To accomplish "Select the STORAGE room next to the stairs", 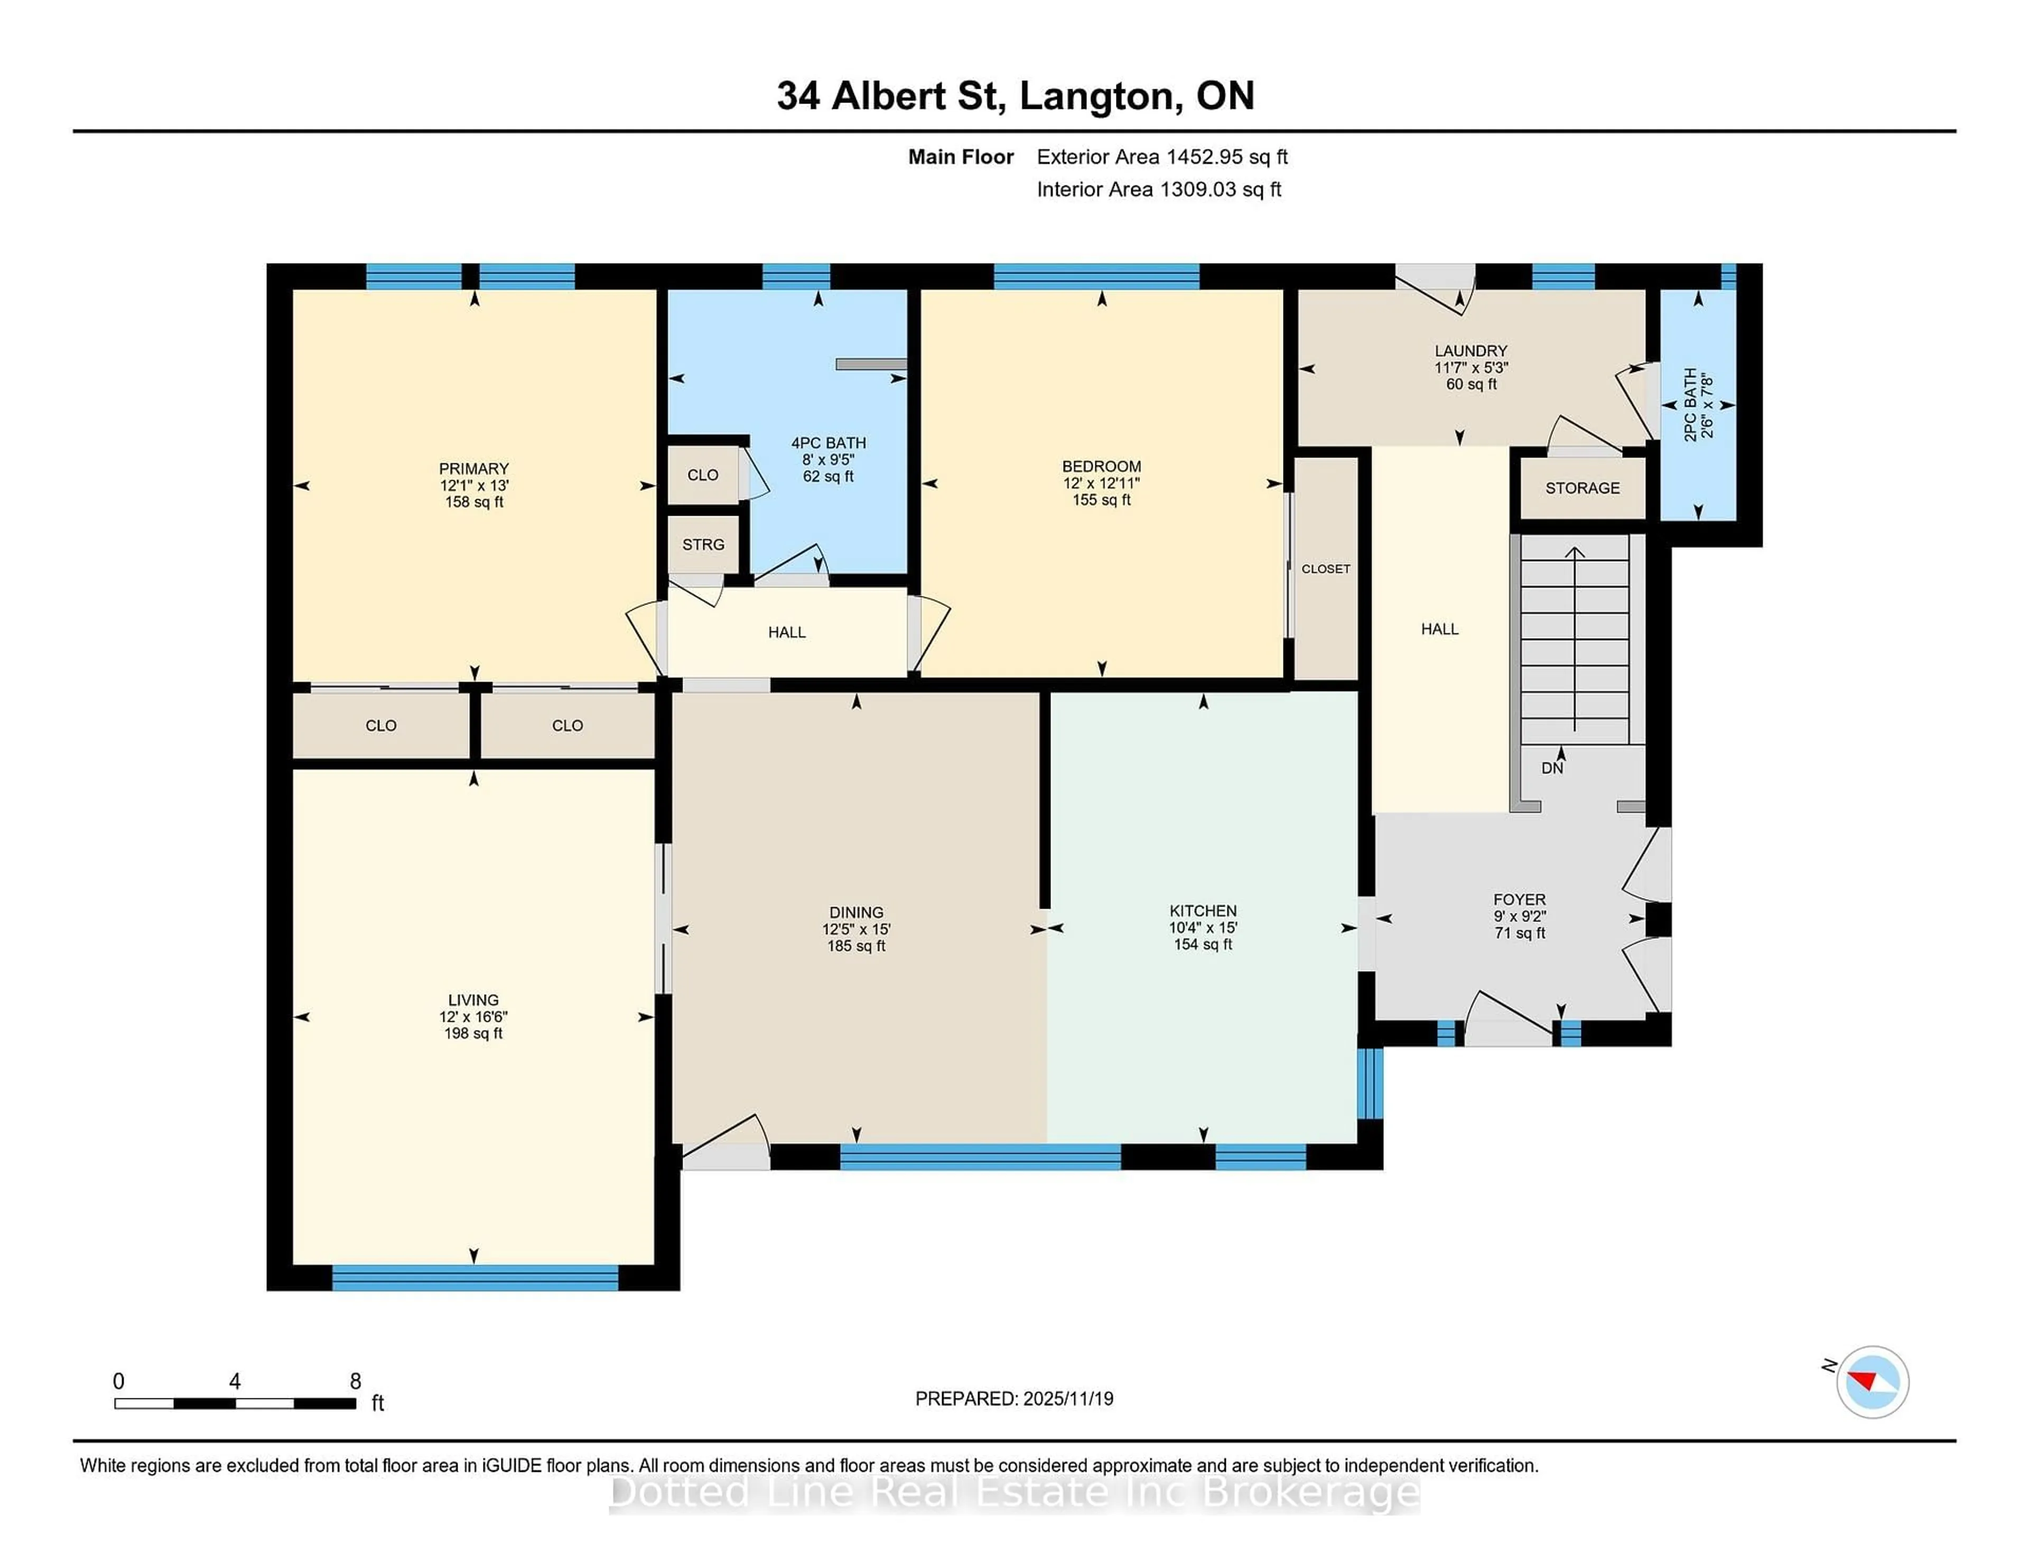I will [x=1582, y=488].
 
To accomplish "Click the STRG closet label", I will [x=703, y=544].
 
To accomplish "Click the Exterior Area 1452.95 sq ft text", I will [x=1162, y=157].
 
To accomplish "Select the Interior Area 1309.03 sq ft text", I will [x=1159, y=190].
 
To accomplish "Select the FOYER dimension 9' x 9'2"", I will [x=1519, y=917].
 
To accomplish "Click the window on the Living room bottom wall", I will [x=474, y=1278].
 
